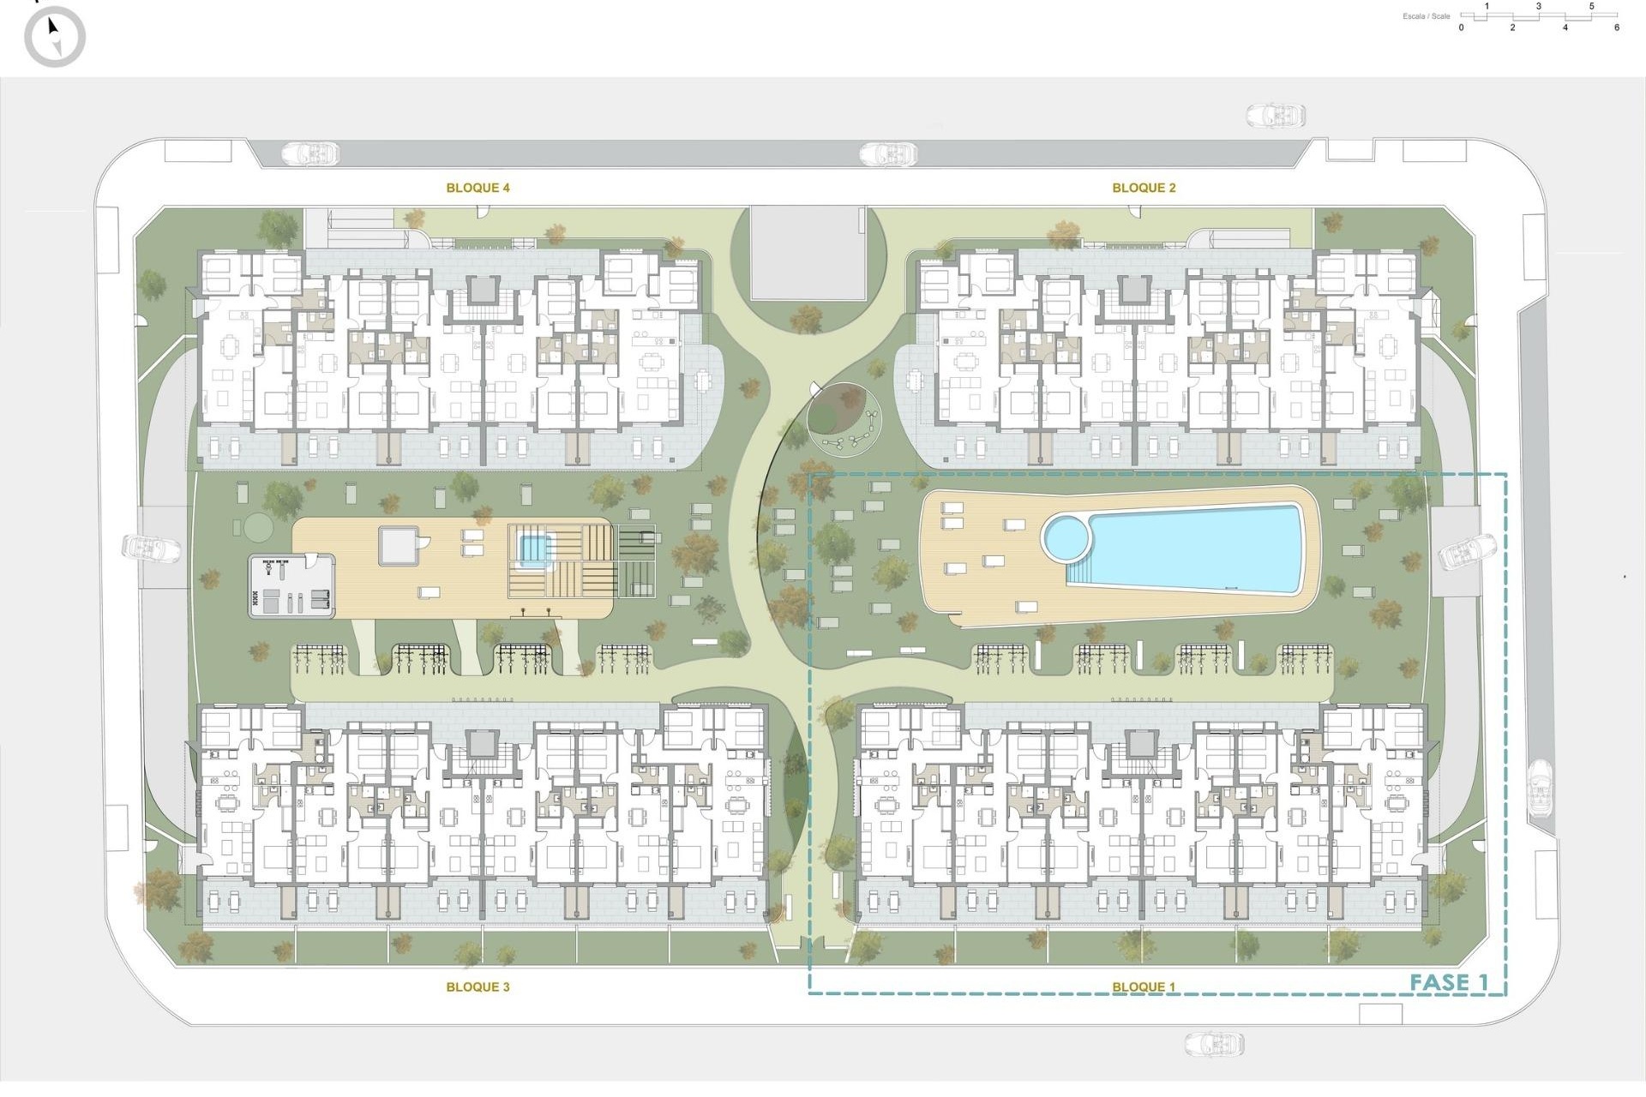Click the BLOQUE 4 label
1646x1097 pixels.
point(478,188)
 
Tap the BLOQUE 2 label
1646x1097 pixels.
point(1144,188)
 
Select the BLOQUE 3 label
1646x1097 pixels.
point(478,986)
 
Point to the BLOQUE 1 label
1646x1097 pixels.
point(1144,986)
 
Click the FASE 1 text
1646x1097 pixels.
point(1449,982)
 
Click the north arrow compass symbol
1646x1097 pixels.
point(54,37)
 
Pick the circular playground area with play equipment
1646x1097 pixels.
point(844,421)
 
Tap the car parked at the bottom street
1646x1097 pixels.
point(1214,1043)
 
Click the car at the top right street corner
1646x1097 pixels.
point(1275,115)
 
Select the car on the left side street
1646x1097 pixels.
point(151,548)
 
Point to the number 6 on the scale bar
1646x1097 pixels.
point(1617,27)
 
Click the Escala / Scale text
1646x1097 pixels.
point(1427,16)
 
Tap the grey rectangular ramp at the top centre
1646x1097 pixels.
point(808,253)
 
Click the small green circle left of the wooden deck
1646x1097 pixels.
point(255,525)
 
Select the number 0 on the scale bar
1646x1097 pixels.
point(1462,27)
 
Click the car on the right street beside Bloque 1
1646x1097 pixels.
point(1541,788)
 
